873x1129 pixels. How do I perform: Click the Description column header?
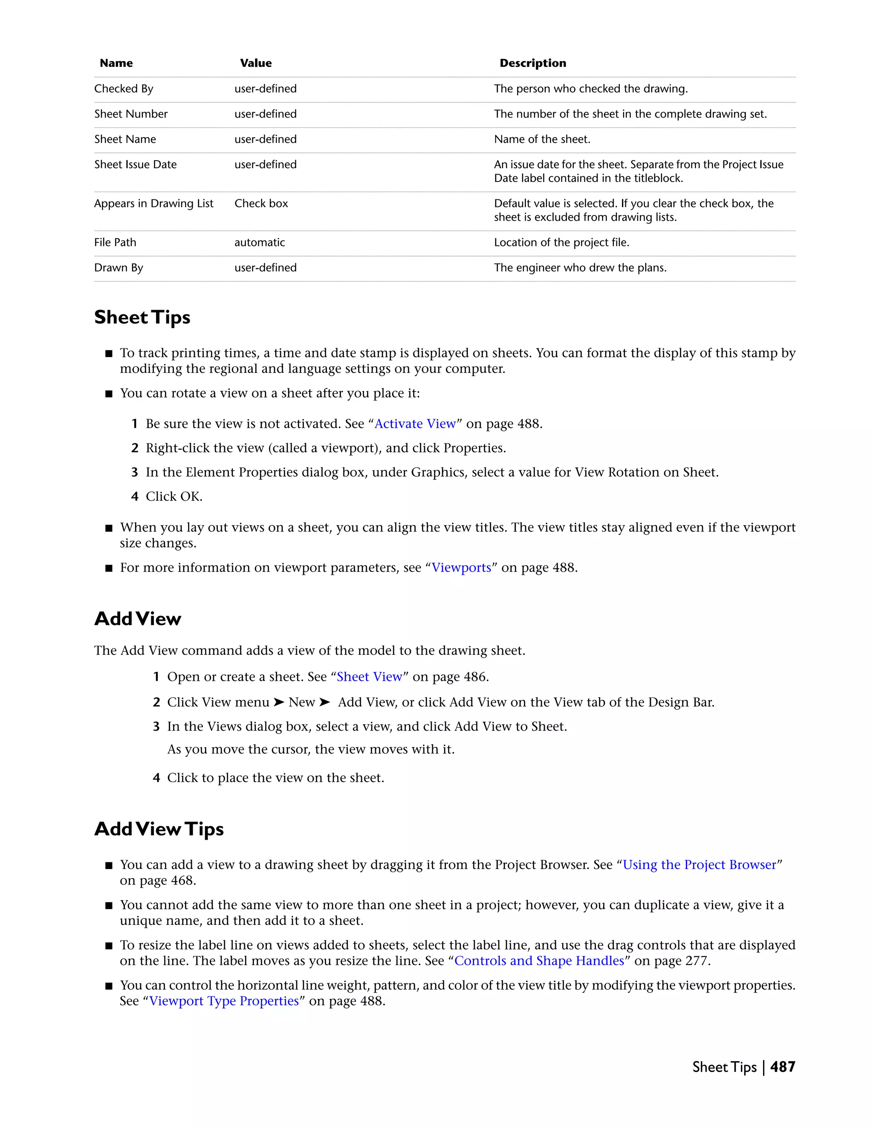click(533, 63)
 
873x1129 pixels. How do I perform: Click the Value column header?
click(255, 63)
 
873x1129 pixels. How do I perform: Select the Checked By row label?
click(124, 89)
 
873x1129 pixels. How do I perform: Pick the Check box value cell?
click(261, 204)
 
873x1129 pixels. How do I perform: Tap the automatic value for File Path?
click(260, 242)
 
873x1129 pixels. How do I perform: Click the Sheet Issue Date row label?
click(136, 164)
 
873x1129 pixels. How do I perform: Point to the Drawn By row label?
click(119, 268)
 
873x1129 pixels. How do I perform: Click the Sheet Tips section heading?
click(142, 317)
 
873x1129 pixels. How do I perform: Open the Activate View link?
click(415, 424)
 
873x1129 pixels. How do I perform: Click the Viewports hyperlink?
click(461, 567)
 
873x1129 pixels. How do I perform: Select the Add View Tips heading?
click(159, 829)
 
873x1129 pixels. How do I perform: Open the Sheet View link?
click(369, 677)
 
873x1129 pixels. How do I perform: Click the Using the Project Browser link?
click(699, 865)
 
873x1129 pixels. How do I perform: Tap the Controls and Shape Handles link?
click(539, 960)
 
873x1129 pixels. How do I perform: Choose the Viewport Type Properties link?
click(224, 1001)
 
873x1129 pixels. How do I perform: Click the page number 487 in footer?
click(783, 1067)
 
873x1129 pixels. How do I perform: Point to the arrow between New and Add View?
click(324, 702)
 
